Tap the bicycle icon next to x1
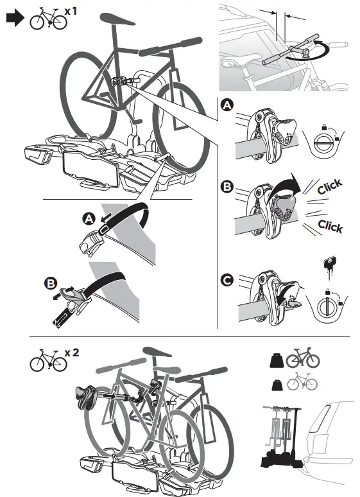48,20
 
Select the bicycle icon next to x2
48,360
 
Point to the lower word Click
330,225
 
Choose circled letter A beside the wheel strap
89,219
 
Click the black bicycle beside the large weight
302,358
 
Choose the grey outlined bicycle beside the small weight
302,383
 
